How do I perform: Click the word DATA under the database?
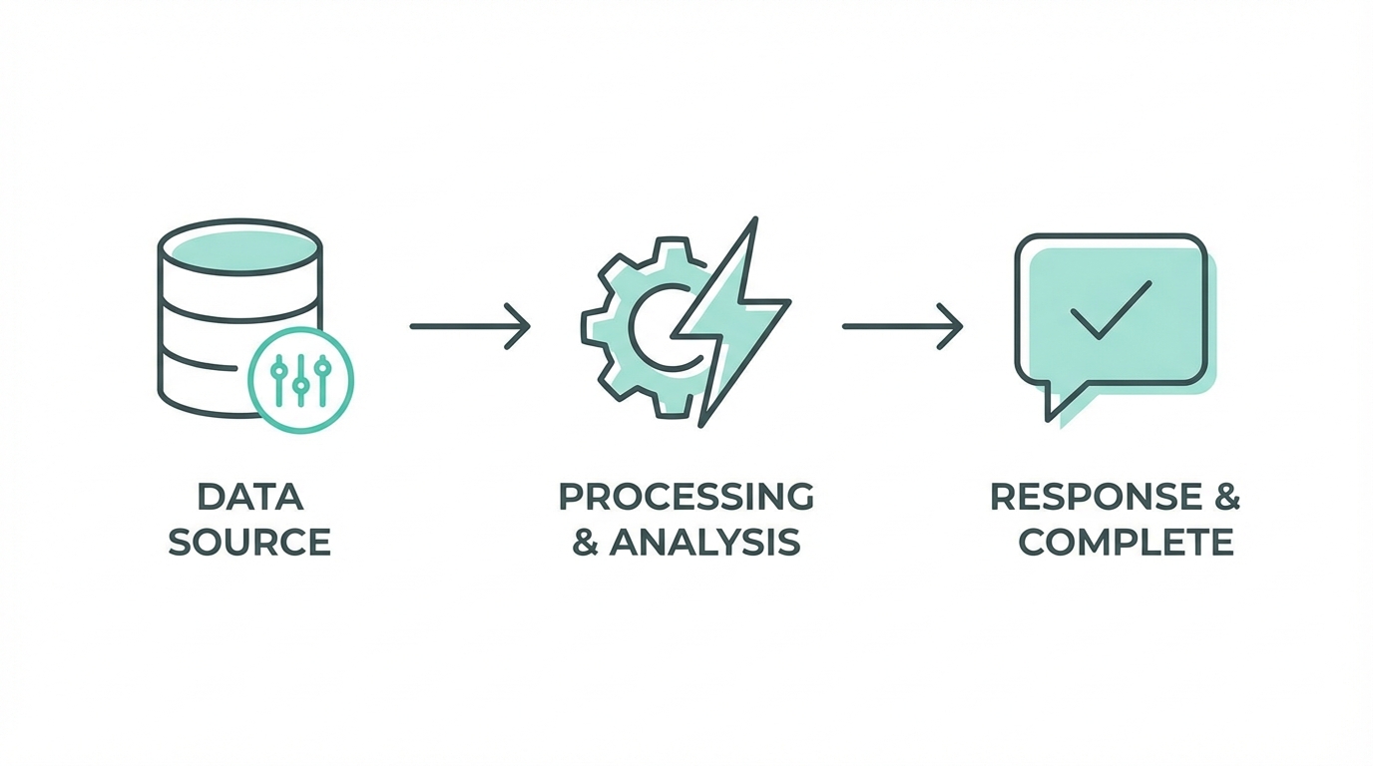(x=249, y=497)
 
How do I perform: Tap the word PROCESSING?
(x=686, y=497)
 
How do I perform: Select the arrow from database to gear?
(x=469, y=325)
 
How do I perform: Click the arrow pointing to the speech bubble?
(x=902, y=325)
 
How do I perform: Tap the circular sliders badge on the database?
(x=300, y=380)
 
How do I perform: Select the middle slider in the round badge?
(x=300, y=381)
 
